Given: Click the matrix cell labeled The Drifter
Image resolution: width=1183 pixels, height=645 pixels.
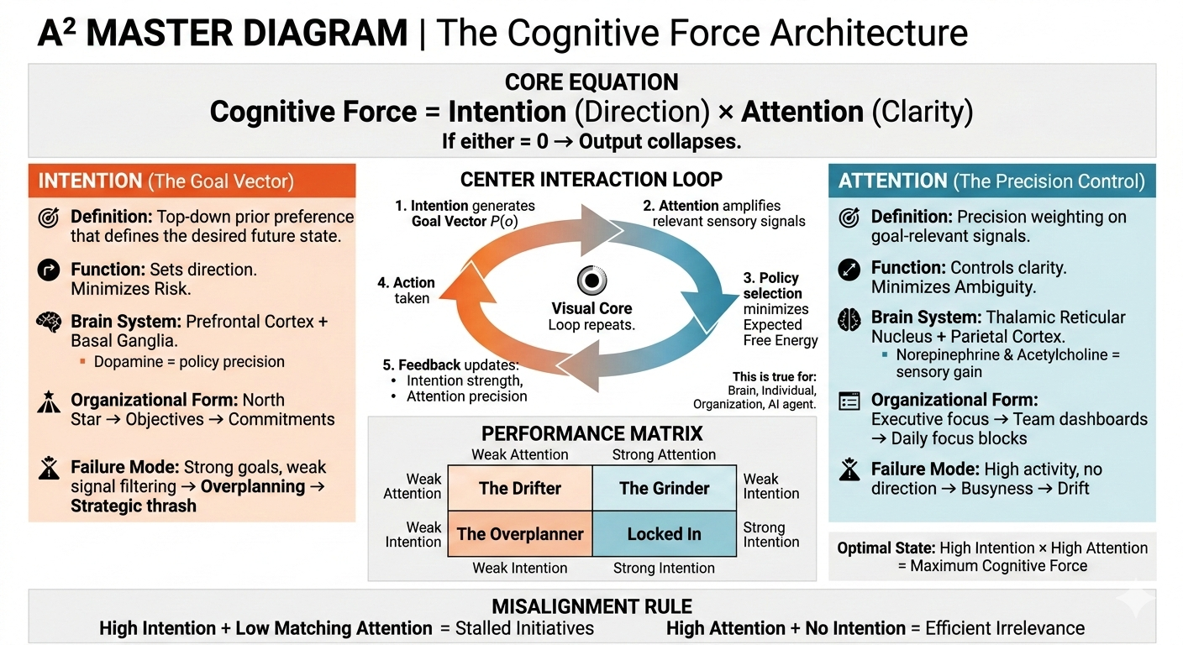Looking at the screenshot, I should click(x=520, y=488).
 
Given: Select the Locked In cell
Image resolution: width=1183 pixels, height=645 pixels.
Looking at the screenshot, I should click(x=664, y=534).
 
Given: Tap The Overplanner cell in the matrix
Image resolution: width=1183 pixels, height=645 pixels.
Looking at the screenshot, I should click(x=520, y=534).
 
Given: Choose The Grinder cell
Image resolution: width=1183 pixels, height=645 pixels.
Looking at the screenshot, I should click(x=664, y=488).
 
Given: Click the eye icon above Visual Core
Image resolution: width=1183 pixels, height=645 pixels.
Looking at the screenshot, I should click(x=591, y=281).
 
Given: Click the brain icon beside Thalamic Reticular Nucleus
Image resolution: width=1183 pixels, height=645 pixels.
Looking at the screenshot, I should click(x=849, y=319).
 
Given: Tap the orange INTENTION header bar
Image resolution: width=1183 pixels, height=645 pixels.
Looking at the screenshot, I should click(x=192, y=181).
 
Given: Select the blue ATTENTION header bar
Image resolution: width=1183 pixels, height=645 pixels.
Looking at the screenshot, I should click(x=991, y=181).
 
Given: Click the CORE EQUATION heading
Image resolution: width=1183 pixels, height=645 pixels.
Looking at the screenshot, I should click(x=591, y=82).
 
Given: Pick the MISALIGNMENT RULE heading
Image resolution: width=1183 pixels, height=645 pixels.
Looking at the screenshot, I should click(x=591, y=606).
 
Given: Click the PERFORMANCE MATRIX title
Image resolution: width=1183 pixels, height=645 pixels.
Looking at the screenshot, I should click(x=591, y=434).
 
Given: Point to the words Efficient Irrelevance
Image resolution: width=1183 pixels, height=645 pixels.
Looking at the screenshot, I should click(x=1005, y=628).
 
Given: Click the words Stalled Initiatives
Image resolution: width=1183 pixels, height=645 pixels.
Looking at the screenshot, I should click(x=524, y=628).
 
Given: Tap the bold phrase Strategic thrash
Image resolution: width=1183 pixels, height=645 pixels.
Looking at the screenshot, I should click(x=134, y=506).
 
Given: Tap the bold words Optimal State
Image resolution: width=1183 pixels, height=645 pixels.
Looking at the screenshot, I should click(x=884, y=548).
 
